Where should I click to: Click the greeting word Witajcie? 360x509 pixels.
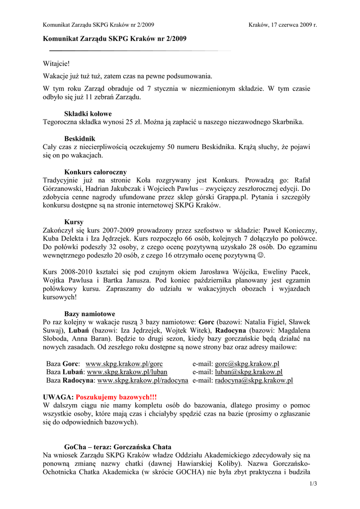point(56,65)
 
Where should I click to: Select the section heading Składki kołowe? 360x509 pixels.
point(88,113)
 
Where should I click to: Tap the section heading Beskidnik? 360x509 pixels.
point(80,139)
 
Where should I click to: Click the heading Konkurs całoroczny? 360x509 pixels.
point(95,172)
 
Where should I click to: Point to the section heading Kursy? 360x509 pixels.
point(74,222)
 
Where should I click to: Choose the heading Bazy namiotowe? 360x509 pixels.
point(90,314)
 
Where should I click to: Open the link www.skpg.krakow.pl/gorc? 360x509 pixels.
point(124,364)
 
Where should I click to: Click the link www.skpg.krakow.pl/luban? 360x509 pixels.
point(127,372)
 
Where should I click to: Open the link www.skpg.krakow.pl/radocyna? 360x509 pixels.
point(143,380)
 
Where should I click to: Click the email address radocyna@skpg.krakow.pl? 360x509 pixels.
point(254,380)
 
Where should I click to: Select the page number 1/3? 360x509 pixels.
point(313,484)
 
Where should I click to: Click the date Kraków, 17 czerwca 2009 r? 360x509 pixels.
point(282,24)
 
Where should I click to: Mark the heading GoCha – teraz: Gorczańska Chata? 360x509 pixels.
point(118,447)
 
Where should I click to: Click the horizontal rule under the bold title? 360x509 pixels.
point(134,51)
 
